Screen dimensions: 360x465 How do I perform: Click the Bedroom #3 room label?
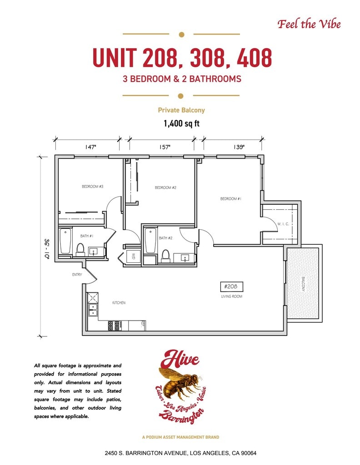pos(93,187)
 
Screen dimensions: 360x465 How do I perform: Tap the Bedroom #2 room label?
pos(165,188)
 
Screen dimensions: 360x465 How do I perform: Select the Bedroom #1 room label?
pos(230,199)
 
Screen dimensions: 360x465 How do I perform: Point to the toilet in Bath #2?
pos(165,256)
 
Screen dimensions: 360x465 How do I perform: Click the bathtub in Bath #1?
pos(65,241)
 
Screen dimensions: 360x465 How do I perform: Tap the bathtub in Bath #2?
pos(150,240)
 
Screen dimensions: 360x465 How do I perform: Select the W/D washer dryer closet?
pos(133,256)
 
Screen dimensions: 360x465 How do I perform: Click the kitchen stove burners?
pos(114,326)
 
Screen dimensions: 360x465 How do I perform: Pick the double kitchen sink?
pos(93,310)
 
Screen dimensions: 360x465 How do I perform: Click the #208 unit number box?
pos(231,287)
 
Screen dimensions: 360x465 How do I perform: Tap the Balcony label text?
pos(303,284)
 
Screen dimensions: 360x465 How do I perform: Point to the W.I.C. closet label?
pos(283,224)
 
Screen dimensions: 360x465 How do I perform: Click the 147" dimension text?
pos(90,147)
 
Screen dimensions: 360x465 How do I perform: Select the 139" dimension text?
pos(239,147)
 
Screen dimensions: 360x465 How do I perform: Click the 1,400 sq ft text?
pos(182,124)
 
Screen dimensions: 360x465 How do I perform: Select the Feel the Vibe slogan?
pos(309,24)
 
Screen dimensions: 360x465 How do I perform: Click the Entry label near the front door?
pos(77,275)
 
